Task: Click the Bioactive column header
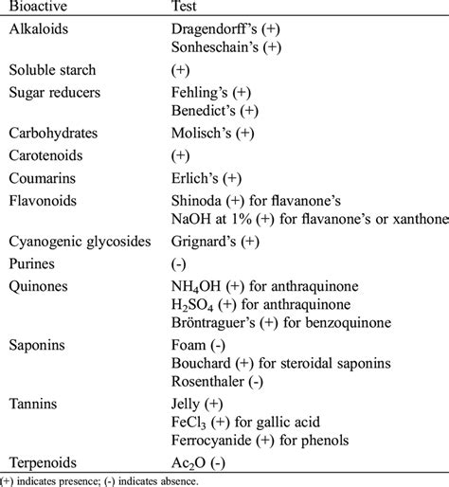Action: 39,8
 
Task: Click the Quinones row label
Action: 41,285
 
